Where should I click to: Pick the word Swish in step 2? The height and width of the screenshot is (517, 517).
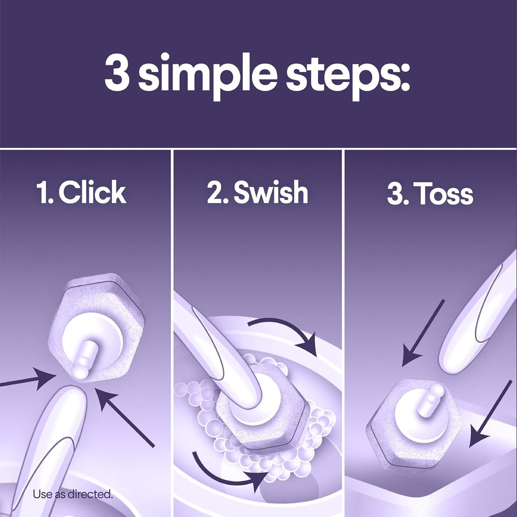click(270, 193)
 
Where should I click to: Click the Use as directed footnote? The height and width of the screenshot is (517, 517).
click(73, 495)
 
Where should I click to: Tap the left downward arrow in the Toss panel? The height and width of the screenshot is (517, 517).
click(422, 333)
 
